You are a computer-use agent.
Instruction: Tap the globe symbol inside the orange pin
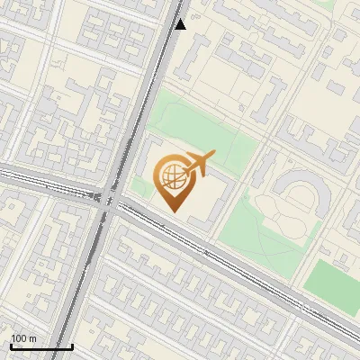click(x=171, y=177)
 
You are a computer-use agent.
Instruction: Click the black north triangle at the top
click(x=181, y=24)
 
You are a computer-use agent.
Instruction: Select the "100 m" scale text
click(x=23, y=337)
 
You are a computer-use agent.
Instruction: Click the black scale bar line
click(x=41, y=346)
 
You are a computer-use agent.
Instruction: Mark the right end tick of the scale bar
click(x=72, y=345)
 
